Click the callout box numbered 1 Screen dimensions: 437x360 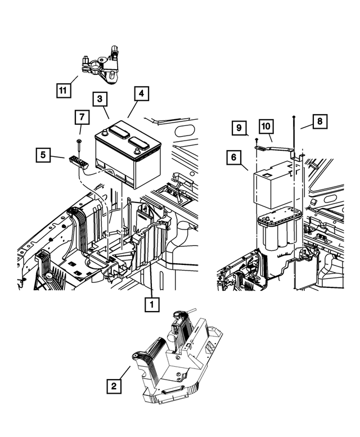150,304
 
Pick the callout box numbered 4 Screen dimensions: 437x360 141,93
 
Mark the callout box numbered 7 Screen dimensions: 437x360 82,118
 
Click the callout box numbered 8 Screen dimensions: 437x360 319,121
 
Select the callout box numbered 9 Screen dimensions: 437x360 239,128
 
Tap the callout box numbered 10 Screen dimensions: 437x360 265,127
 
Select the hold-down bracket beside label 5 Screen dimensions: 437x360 79,163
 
